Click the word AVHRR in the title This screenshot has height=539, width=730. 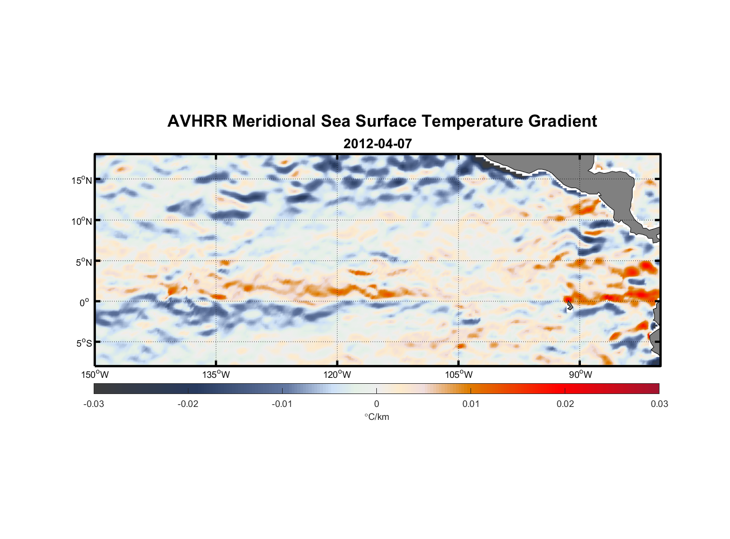(x=197, y=121)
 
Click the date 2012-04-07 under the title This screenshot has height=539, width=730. (x=377, y=144)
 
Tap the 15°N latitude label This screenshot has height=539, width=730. (x=82, y=180)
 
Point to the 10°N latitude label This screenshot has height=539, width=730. (x=82, y=221)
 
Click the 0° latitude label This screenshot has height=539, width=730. (x=85, y=302)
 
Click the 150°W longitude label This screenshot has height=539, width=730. (x=95, y=375)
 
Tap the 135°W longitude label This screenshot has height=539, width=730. (x=216, y=375)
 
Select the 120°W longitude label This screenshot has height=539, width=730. (x=338, y=375)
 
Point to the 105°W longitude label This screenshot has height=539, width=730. (x=459, y=375)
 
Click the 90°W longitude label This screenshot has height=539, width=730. (x=580, y=375)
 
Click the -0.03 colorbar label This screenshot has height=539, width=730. (x=94, y=404)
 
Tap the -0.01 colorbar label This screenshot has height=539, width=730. (x=282, y=404)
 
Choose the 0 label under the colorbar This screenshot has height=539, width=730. (x=376, y=404)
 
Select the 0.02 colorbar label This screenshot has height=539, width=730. (x=565, y=404)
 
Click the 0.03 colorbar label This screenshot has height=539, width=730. (x=659, y=404)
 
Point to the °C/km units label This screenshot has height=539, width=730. (x=377, y=417)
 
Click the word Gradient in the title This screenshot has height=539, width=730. (x=563, y=121)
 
